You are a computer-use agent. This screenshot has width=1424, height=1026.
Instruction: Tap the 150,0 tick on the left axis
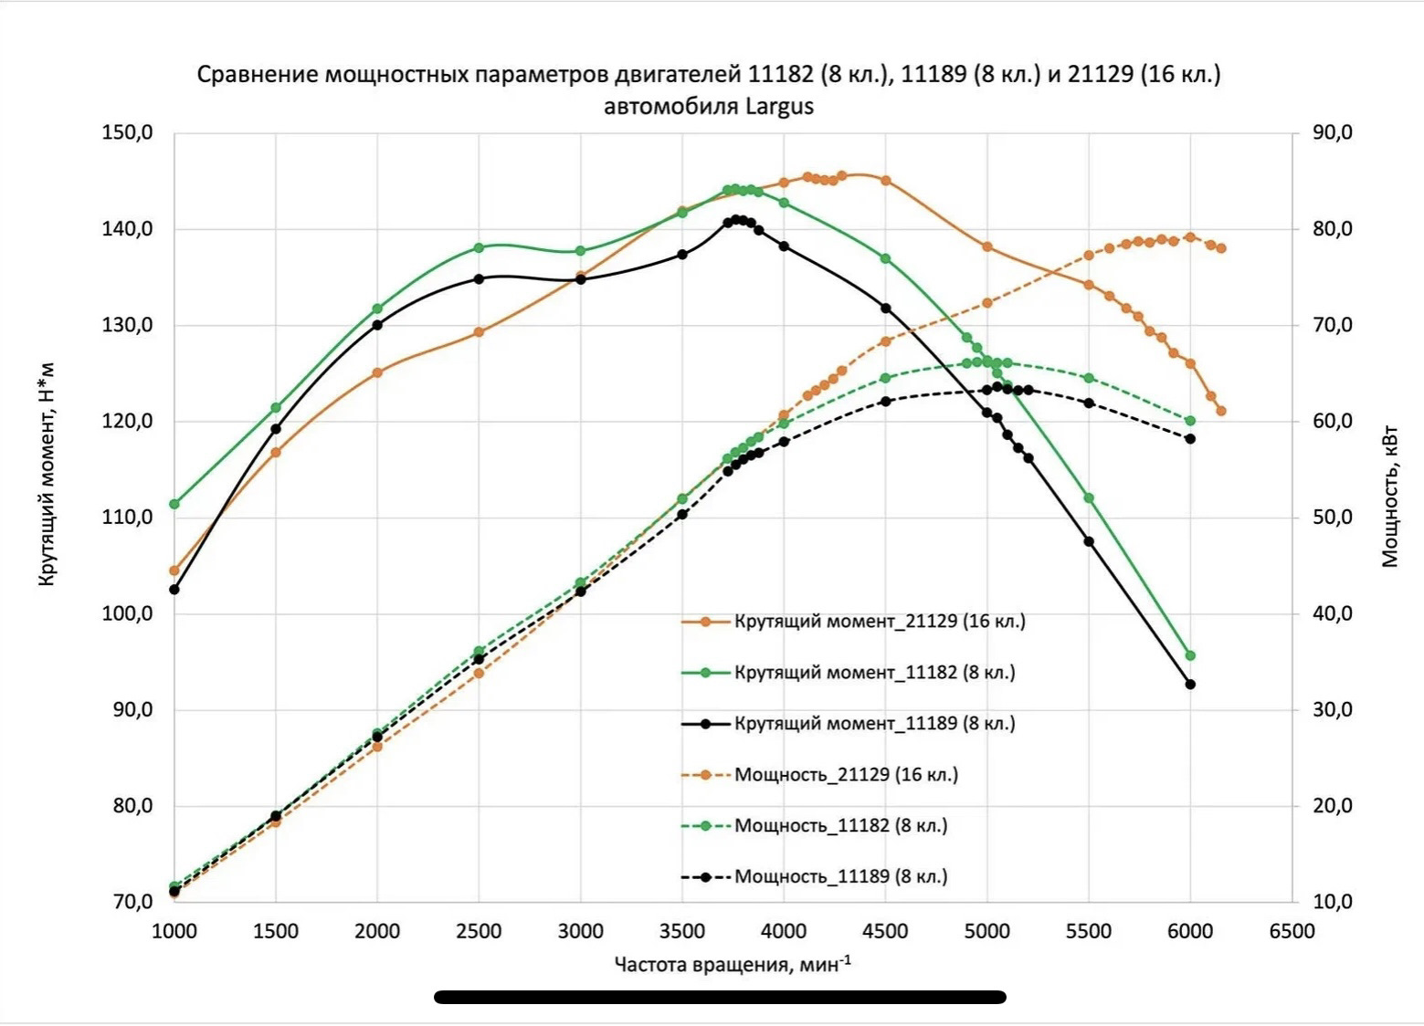127,133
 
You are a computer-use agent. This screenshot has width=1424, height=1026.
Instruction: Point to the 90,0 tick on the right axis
1333,132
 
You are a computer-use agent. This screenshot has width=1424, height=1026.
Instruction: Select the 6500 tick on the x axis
1292,931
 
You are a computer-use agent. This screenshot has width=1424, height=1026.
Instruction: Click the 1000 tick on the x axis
174,931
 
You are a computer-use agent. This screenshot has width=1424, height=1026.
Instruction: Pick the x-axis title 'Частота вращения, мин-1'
733,964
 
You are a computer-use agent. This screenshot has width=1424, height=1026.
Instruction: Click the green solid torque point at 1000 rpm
174,504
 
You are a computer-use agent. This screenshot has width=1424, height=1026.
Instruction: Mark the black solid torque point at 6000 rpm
1190,685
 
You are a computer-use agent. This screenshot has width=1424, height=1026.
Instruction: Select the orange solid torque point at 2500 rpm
479,332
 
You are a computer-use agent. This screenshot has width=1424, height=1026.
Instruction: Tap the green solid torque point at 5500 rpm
1089,498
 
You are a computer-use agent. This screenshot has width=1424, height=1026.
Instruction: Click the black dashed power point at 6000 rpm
1190,439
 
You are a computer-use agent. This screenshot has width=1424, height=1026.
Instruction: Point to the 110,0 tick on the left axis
127,518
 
